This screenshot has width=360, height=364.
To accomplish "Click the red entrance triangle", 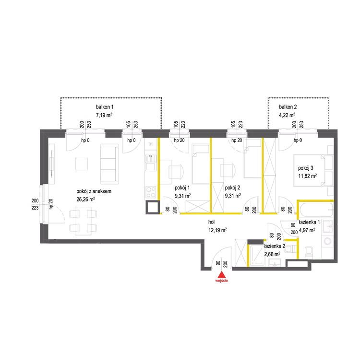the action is pos(222,275).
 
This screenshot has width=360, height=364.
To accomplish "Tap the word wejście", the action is pos(222,281).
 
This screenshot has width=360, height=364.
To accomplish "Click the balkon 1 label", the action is pos(105,107).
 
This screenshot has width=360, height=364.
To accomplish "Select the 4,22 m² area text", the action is pos(287,115).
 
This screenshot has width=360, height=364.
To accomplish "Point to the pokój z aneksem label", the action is pos(94,191).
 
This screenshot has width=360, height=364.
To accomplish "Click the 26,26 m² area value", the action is pos(85,199).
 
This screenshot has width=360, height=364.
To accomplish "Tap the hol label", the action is pos(211,222).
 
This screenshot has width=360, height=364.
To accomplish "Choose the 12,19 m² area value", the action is pos(217,230).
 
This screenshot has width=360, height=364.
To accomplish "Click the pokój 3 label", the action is pos(306,168).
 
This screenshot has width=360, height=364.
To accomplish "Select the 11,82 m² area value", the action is pos(308,176).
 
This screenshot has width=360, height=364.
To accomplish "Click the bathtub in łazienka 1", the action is pos(316,210).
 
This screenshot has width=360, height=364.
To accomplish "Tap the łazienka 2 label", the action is pos(275,246).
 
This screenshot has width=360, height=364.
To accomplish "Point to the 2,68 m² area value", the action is pos(272,254).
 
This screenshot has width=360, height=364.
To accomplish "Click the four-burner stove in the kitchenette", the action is pos(151,192).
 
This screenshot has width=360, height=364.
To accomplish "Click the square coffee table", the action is pos(82,164).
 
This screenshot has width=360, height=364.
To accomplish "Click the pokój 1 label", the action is pos(182,188).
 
